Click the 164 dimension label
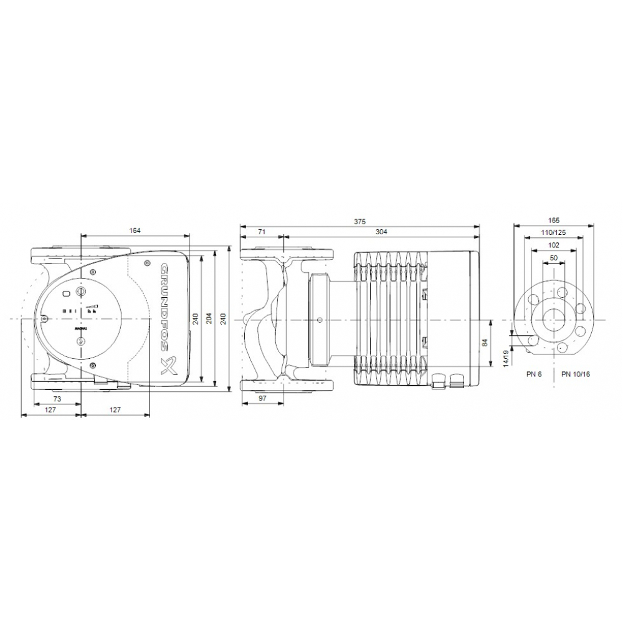click(x=135, y=231)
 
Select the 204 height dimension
click(x=209, y=319)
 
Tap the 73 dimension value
click(x=56, y=397)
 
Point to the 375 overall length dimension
click(x=359, y=221)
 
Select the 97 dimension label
click(x=262, y=397)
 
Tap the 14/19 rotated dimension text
click(x=506, y=359)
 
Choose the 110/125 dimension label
click(x=554, y=232)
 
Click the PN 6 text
click(x=533, y=374)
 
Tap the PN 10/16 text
click(x=575, y=374)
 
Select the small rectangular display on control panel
click(x=67, y=293)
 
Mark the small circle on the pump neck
click(x=320, y=320)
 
